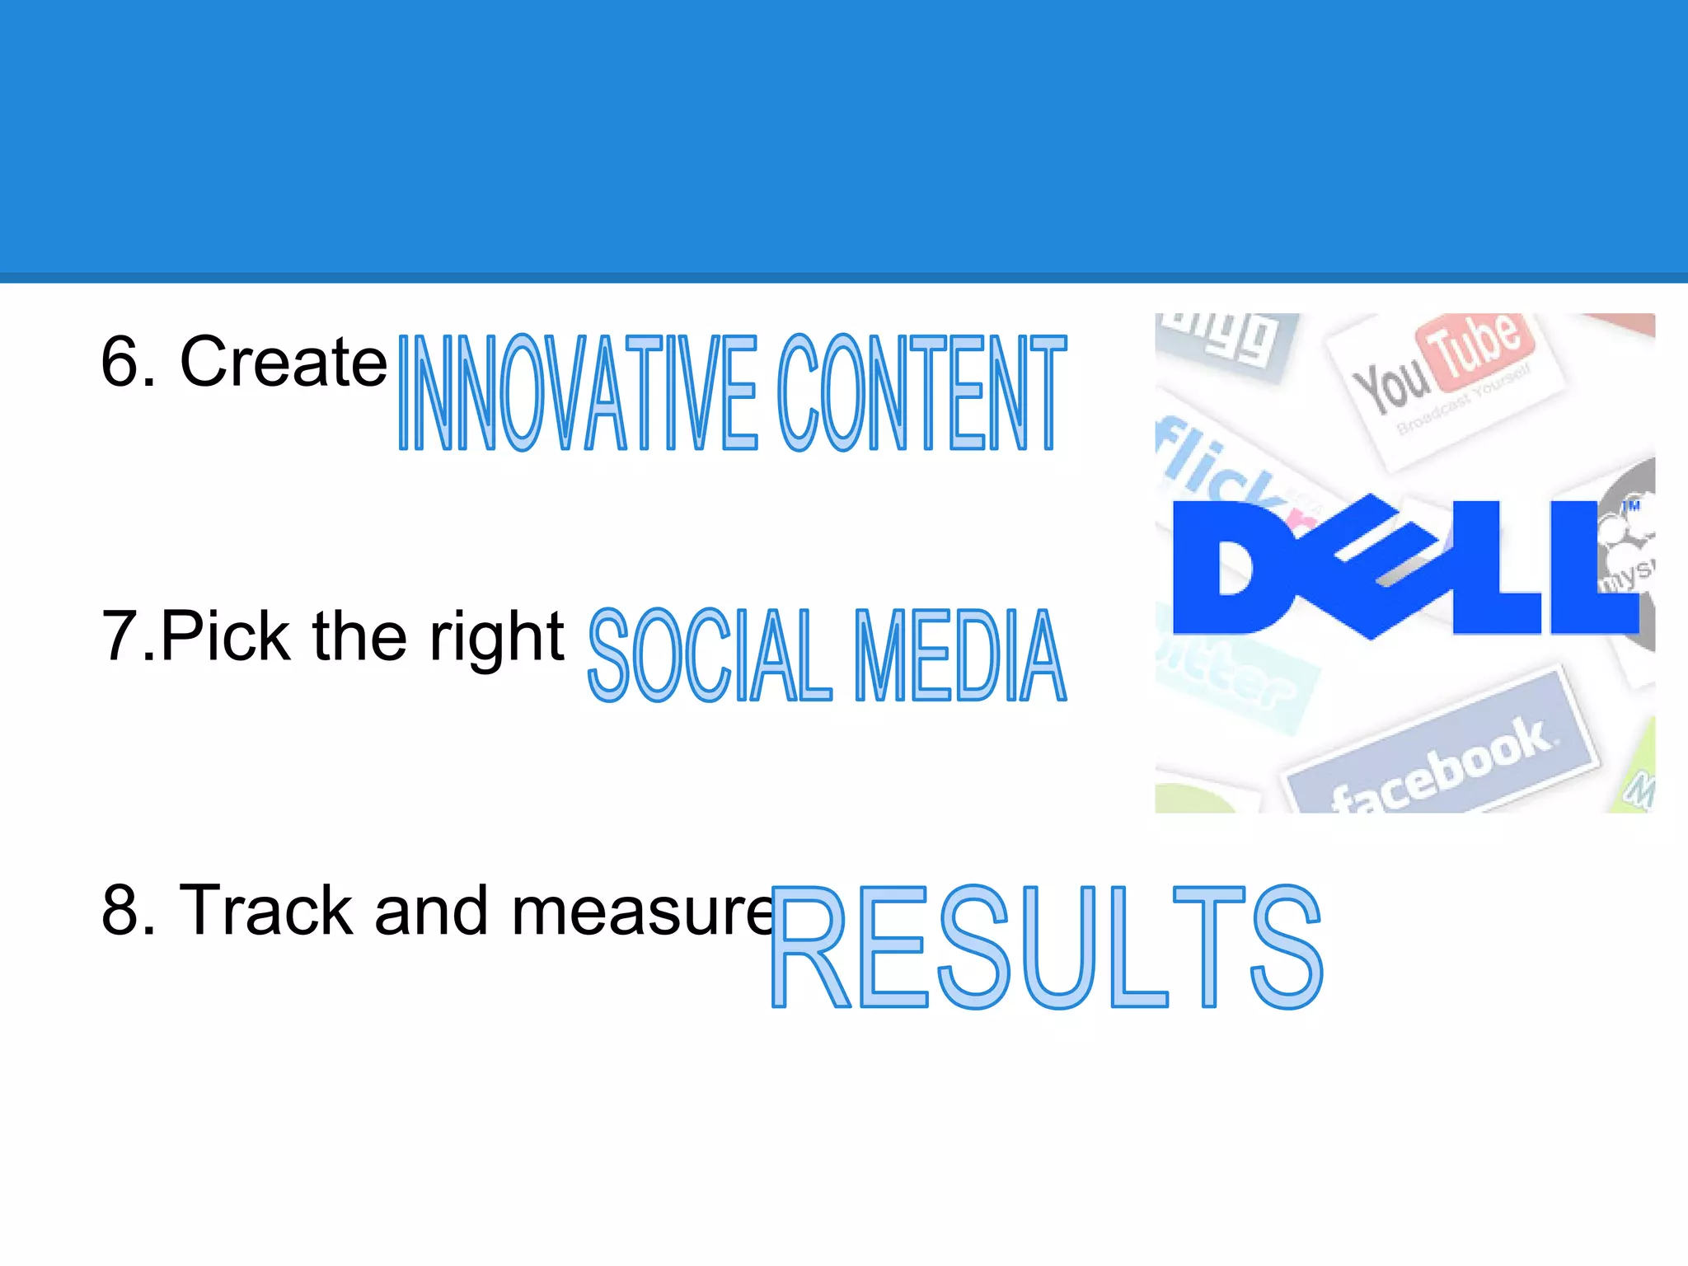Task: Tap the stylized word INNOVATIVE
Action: (x=577, y=392)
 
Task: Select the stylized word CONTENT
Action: (x=921, y=392)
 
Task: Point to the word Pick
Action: (x=225, y=636)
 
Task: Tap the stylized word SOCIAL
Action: (x=710, y=656)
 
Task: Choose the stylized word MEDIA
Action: (x=959, y=656)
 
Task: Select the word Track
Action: (x=265, y=910)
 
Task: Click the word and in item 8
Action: (x=430, y=910)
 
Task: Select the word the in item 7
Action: (x=359, y=636)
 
